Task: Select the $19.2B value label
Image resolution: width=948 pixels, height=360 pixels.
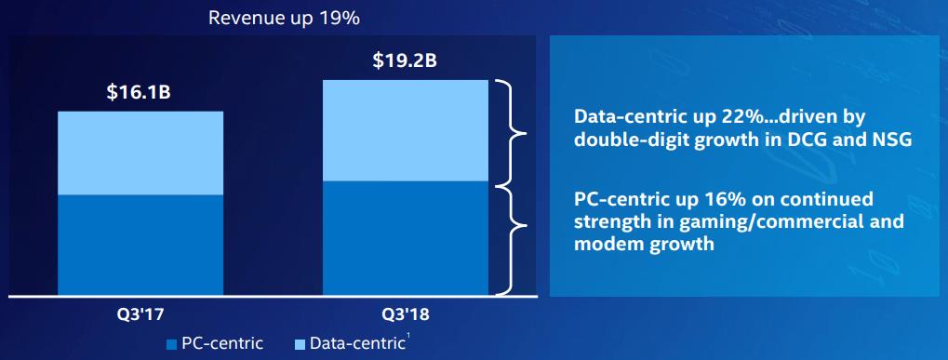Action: click(405, 61)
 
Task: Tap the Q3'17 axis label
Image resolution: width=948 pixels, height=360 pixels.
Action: click(140, 314)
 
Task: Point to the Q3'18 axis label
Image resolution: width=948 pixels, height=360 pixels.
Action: click(405, 314)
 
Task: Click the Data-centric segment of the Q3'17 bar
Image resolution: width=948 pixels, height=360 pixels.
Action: click(140, 153)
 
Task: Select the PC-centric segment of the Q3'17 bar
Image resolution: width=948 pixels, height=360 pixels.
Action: click(140, 245)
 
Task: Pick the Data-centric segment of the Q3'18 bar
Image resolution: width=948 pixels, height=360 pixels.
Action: click(405, 130)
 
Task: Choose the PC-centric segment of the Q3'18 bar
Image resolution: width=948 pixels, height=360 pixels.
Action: click(405, 238)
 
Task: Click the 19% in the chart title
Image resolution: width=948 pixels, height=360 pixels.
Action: click(341, 18)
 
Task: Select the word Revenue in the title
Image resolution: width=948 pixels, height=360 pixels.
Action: click(240, 18)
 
